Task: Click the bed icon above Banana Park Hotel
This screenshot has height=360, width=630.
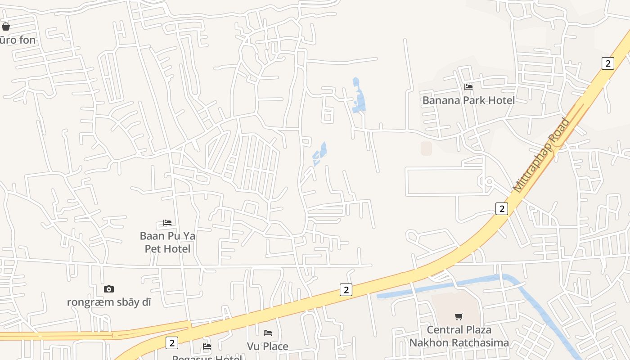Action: tap(468, 87)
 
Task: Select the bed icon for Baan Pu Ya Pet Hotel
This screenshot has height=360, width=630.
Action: tap(167, 223)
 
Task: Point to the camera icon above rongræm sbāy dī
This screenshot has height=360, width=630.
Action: tap(108, 289)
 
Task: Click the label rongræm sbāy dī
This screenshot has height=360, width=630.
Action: tap(109, 302)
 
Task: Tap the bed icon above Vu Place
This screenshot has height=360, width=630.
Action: tap(268, 333)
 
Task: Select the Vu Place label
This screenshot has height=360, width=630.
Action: tap(268, 346)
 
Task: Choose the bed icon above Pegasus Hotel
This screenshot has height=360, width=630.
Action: tap(207, 346)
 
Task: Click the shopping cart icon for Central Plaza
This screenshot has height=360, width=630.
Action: tap(459, 317)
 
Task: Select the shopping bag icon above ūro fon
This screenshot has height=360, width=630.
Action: tap(6, 27)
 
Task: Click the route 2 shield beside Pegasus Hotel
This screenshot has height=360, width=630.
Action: tap(171, 343)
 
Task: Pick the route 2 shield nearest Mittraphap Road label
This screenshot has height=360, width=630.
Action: tap(501, 208)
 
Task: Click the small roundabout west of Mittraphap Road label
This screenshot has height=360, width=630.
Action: tap(489, 182)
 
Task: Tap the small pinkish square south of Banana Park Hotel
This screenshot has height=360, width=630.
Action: tap(426, 148)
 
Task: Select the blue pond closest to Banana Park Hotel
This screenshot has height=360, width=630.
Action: tap(359, 97)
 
